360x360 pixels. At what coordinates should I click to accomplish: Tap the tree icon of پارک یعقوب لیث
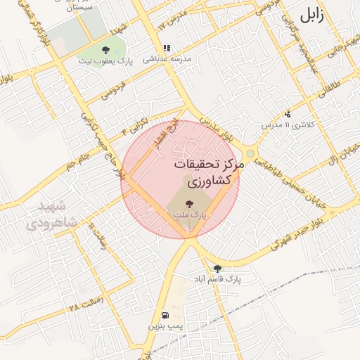coord(105,49)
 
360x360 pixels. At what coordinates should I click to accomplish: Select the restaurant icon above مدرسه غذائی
coord(167,49)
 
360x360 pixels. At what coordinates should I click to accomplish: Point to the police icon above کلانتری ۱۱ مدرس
coord(287,114)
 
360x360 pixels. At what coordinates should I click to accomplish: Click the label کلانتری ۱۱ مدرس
coord(290,124)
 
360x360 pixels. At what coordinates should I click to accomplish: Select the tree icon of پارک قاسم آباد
coord(217,269)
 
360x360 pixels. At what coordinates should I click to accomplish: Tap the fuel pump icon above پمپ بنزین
coord(165,315)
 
